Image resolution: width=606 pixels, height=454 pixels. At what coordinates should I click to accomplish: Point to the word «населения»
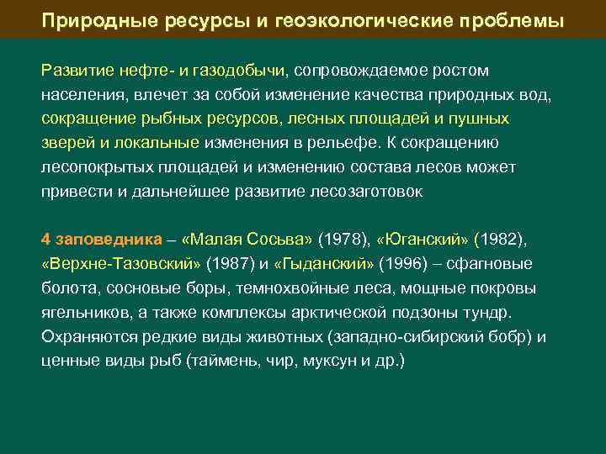[80, 94]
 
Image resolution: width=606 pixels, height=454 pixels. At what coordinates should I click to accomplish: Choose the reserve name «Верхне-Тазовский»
[121, 264]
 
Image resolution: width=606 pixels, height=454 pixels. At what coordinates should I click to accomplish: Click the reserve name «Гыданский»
[324, 264]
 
